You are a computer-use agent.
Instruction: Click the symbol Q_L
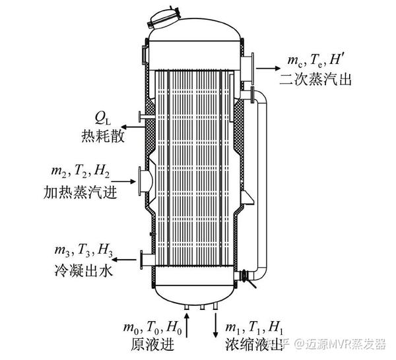[x=103, y=118]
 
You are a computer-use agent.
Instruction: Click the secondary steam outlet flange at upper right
[x=248, y=67]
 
